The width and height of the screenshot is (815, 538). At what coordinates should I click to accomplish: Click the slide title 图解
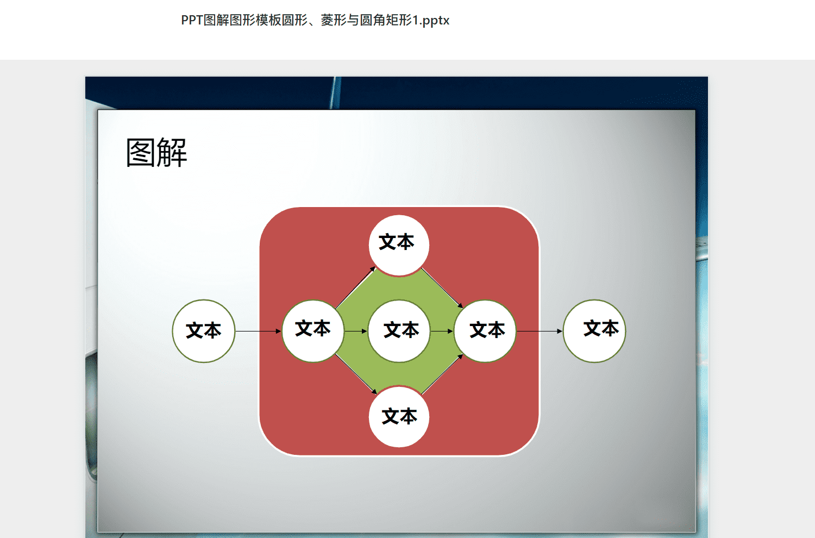pyautogui.click(x=156, y=153)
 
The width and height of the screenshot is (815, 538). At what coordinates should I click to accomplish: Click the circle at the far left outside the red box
pyautogui.click(x=204, y=331)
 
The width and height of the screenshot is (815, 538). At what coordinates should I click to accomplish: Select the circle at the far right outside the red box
pyautogui.click(x=594, y=331)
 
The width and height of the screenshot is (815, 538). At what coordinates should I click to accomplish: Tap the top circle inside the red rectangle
pyautogui.click(x=399, y=245)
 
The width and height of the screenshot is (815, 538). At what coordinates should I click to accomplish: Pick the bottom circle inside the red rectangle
pyautogui.click(x=399, y=416)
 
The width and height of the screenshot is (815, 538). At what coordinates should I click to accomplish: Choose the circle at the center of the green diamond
pyautogui.click(x=399, y=331)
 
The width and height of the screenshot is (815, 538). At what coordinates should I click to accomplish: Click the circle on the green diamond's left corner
pyautogui.click(x=313, y=331)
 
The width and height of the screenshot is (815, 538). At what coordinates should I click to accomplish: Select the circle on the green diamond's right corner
pyautogui.click(x=485, y=331)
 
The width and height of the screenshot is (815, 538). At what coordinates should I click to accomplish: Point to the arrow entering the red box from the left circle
pyautogui.click(x=258, y=331)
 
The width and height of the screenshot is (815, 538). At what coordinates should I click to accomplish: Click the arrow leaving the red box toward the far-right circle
pyautogui.click(x=540, y=331)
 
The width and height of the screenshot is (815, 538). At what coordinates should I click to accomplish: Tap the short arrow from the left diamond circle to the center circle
pyautogui.click(x=356, y=331)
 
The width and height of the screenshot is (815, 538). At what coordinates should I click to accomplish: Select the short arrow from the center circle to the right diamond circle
pyautogui.click(x=442, y=331)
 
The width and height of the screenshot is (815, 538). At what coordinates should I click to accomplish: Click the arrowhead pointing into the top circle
pyautogui.click(x=373, y=269)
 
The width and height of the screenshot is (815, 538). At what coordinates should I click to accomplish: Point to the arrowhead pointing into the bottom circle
pyautogui.click(x=374, y=391)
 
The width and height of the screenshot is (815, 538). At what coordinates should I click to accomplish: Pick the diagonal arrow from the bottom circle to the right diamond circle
pyautogui.click(x=442, y=374)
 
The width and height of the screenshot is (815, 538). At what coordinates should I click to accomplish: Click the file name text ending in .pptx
pyautogui.click(x=315, y=20)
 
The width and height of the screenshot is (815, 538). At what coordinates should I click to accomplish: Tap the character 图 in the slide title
pyautogui.click(x=141, y=153)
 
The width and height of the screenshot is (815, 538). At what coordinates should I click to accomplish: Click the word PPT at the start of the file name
pyautogui.click(x=192, y=20)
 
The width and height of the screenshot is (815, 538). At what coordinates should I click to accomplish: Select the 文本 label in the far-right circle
pyautogui.click(x=601, y=328)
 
